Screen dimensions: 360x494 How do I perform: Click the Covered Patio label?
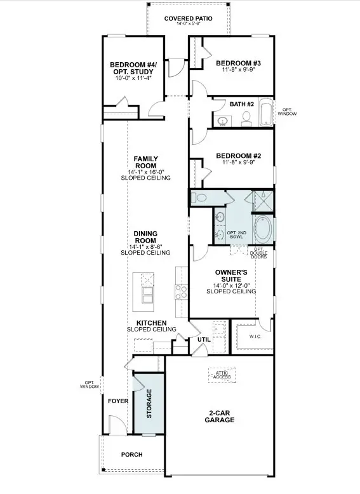pyautogui.click(x=189, y=18)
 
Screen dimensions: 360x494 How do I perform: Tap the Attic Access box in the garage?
pyautogui.click(x=222, y=375)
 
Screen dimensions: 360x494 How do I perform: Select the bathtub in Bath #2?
pyautogui.click(x=266, y=112)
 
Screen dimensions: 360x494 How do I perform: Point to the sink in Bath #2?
pyautogui.click(x=223, y=121)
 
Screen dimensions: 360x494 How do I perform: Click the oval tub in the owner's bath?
pyautogui.click(x=263, y=229)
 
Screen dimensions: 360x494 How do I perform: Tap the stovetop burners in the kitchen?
pyautogui.click(x=182, y=291)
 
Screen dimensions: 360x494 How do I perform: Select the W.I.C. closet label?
pyautogui.click(x=255, y=337)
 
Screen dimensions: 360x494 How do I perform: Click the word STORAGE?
pyautogui.click(x=149, y=404)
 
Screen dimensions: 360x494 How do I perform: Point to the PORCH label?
pyautogui.click(x=132, y=455)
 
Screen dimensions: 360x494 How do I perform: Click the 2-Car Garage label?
pyautogui.click(x=220, y=416)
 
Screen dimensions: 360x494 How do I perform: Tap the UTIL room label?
pyautogui.click(x=204, y=340)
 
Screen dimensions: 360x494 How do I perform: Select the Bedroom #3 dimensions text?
pyautogui.click(x=239, y=69)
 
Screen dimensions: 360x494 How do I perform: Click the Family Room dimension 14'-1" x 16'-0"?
pyautogui.click(x=146, y=172)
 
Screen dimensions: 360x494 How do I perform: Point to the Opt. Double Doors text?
pyautogui.click(x=258, y=253)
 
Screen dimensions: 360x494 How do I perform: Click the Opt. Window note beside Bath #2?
pyautogui.click(x=287, y=112)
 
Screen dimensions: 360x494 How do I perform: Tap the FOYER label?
pyautogui.click(x=118, y=401)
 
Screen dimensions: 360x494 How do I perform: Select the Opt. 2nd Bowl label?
pyautogui.click(x=237, y=235)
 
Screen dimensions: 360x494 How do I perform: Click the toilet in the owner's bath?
pyautogui.click(x=199, y=198)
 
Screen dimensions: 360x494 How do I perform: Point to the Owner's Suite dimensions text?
pyautogui.click(x=231, y=286)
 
